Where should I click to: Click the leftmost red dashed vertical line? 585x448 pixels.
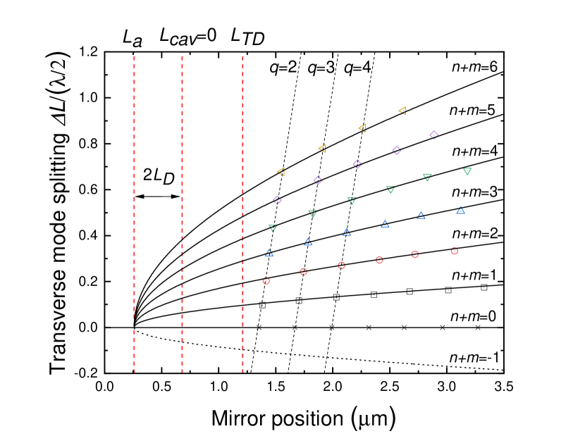[134, 211]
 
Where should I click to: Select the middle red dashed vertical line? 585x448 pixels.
[182, 211]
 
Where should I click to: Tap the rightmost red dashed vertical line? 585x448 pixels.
[242, 211]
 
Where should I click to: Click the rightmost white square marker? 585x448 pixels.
[484, 287]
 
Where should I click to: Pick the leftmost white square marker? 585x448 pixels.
[262, 305]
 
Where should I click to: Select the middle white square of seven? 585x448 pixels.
[374, 294]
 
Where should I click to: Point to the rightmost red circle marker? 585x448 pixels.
[455, 251]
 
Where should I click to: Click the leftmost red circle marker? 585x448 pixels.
[266, 281]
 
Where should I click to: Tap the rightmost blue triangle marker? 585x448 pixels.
[460, 210]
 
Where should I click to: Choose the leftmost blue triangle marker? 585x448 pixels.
[269, 253]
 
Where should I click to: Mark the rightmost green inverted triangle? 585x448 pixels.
[467, 171]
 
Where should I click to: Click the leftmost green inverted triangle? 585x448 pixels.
[273, 228]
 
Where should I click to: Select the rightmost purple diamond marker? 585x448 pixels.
[434, 135]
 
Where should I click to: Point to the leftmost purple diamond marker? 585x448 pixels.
[277, 200]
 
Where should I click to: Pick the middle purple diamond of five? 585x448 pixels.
[357, 164]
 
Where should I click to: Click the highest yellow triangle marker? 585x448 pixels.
[402, 110]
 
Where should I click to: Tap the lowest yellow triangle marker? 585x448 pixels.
[281, 171]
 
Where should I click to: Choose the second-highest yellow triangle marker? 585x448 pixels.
[362, 127]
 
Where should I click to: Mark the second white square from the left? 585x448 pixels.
[299, 300]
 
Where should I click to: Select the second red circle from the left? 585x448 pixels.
[304, 271]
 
